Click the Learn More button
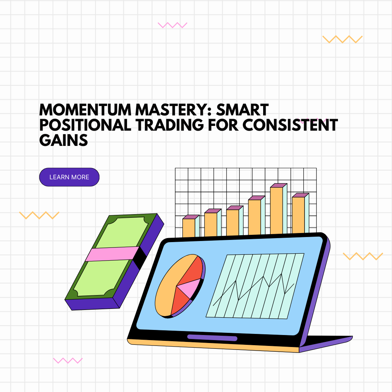(x=69, y=177)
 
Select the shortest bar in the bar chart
(x=189, y=228)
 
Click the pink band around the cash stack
(x=112, y=254)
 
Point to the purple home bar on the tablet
(x=212, y=338)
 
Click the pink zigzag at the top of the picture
(x=172, y=25)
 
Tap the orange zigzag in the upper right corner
(x=342, y=39)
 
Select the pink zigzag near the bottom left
(x=68, y=360)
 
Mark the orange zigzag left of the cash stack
(x=39, y=215)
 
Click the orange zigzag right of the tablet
(x=363, y=256)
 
